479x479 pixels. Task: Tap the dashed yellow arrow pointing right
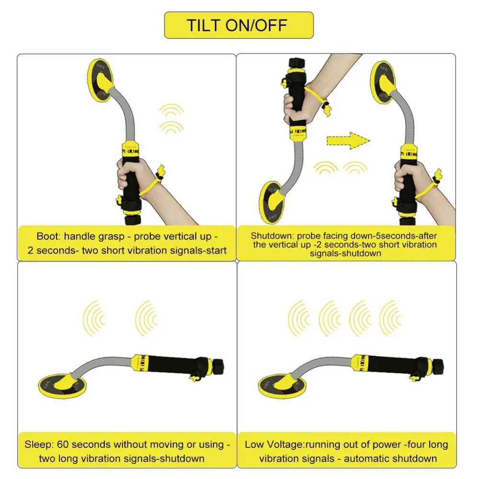pyautogui.click(x=348, y=141)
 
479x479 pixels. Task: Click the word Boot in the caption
pyautogui.click(x=47, y=236)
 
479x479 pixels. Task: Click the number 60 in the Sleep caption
pyautogui.click(x=63, y=445)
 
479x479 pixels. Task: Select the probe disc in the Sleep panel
pyautogui.click(x=62, y=386)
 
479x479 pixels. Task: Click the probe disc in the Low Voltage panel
pyautogui.click(x=282, y=386)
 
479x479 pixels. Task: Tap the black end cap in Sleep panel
pyautogui.click(x=218, y=366)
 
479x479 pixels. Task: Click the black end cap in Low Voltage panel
pyautogui.click(x=438, y=366)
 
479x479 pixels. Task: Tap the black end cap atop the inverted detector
pyautogui.click(x=297, y=63)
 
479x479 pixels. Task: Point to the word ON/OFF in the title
pyautogui.click(x=256, y=25)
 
